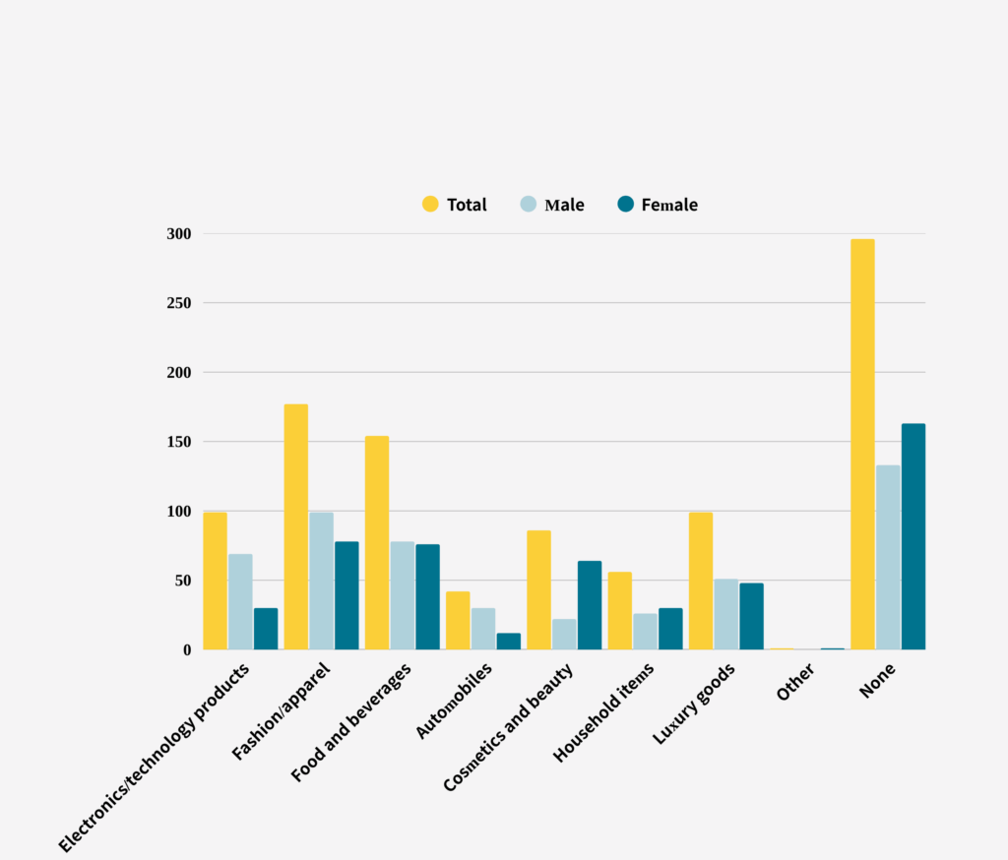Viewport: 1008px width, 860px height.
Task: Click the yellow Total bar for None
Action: point(862,444)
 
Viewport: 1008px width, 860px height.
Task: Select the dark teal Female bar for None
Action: point(913,536)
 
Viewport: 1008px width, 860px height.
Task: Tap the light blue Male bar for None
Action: point(888,557)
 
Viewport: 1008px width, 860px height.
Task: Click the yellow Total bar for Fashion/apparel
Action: point(296,526)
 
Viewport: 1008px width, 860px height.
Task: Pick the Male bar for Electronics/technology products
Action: point(240,601)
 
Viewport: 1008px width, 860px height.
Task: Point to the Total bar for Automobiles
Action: point(458,620)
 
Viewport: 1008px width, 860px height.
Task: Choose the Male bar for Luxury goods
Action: point(725,614)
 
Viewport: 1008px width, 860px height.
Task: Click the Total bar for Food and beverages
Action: point(377,542)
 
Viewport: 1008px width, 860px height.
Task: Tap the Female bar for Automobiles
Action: point(509,641)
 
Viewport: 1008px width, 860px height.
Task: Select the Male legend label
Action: point(564,205)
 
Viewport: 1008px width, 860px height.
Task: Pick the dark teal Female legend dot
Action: point(625,204)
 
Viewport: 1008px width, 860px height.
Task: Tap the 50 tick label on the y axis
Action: point(182,581)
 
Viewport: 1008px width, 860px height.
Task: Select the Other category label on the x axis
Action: point(795,682)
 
